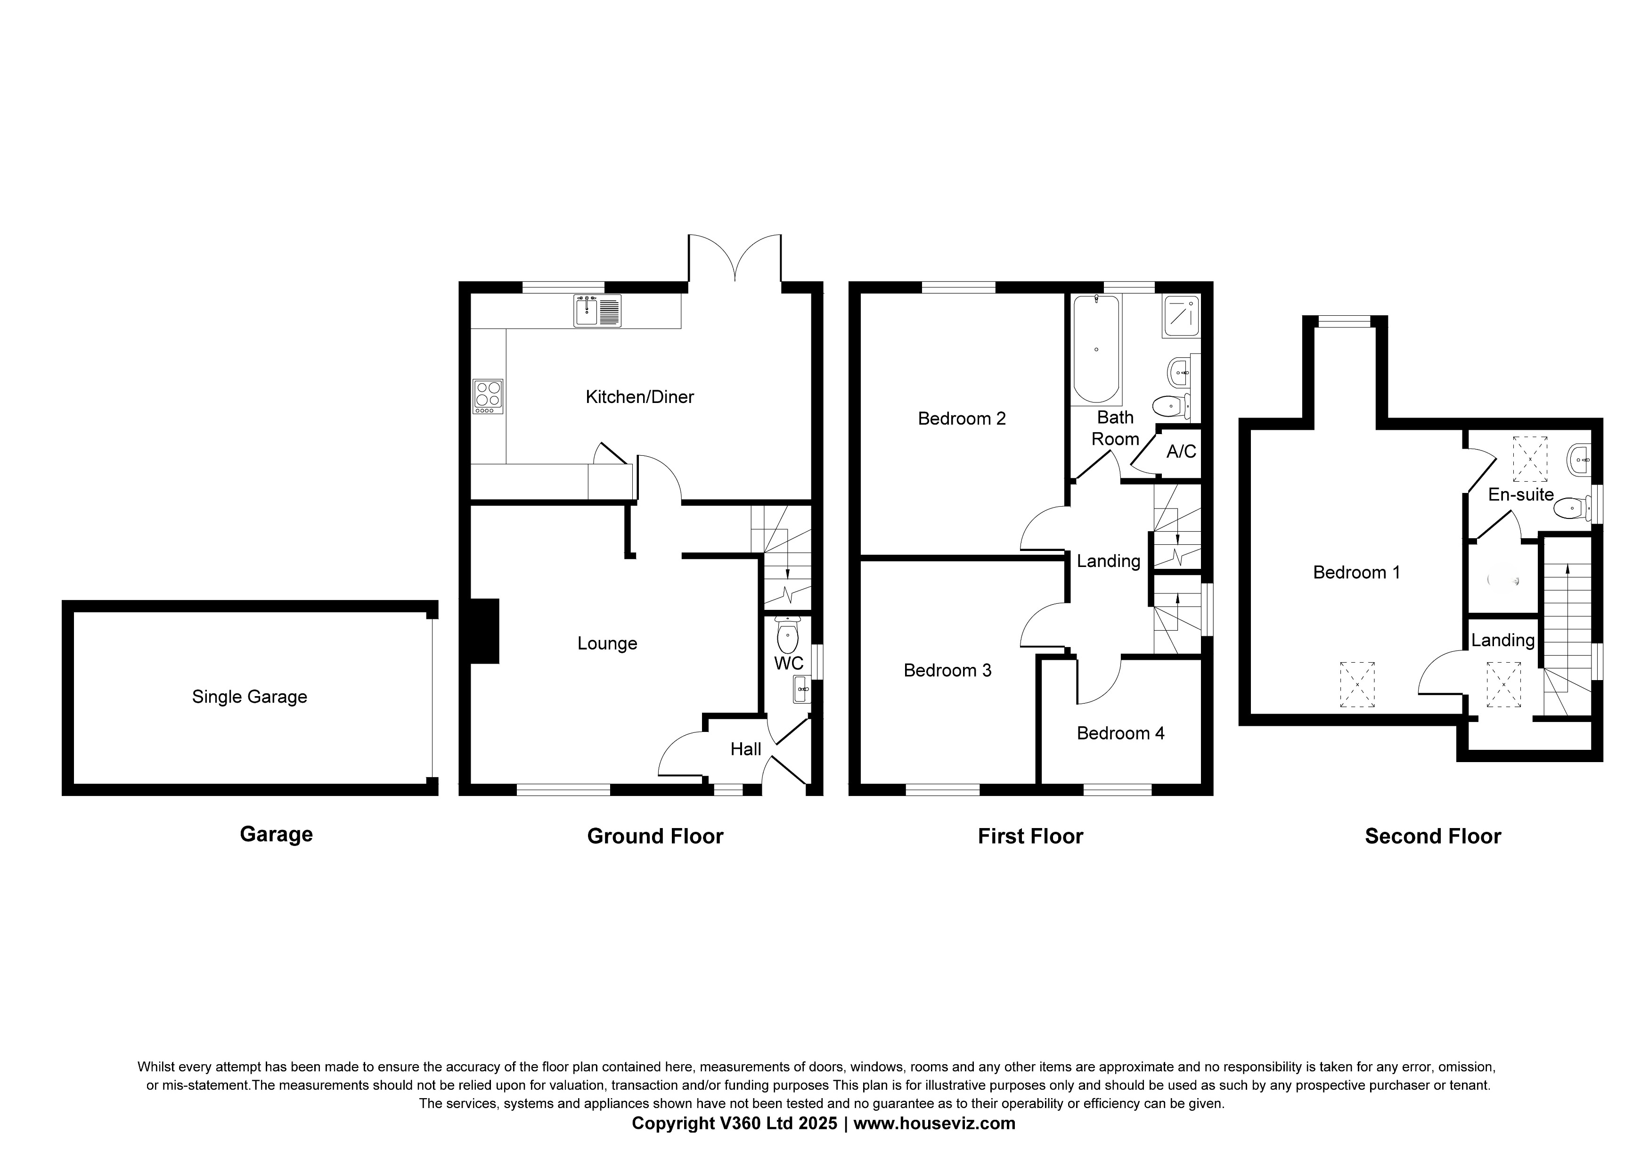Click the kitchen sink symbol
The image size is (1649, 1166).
pyautogui.click(x=597, y=311)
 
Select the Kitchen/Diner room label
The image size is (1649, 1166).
pyautogui.click(x=639, y=396)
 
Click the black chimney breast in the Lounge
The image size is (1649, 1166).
pyautogui.click(x=484, y=631)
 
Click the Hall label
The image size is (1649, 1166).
pyautogui.click(x=745, y=749)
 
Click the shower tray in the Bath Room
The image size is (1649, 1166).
pyautogui.click(x=1181, y=316)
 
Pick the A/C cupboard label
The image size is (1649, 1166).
pyautogui.click(x=1181, y=451)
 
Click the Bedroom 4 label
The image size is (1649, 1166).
pyautogui.click(x=1120, y=733)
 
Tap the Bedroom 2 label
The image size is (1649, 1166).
pyautogui.click(x=962, y=418)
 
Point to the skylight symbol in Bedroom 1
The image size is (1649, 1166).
pyautogui.click(x=1357, y=684)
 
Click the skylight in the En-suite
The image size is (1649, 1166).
pyautogui.click(x=1530, y=459)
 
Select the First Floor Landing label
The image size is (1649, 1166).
pyautogui.click(x=1108, y=561)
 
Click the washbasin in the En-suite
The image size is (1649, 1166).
pyautogui.click(x=1579, y=459)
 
